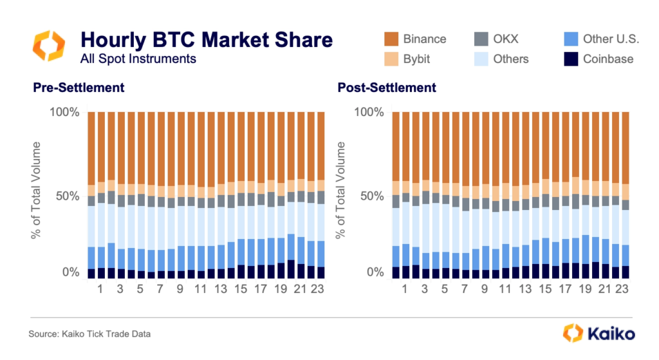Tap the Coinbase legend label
(x=608, y=59)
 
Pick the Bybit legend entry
(x=416, y=59)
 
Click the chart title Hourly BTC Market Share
(x=207, y=40)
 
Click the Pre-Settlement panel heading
(x=79, y=88)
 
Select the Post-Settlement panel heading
(x=387, y=88)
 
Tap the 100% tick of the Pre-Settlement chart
(x=64, y=112)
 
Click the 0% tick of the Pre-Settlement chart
(x=70, y=272)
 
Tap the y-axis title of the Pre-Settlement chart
(x=37, y=191)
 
